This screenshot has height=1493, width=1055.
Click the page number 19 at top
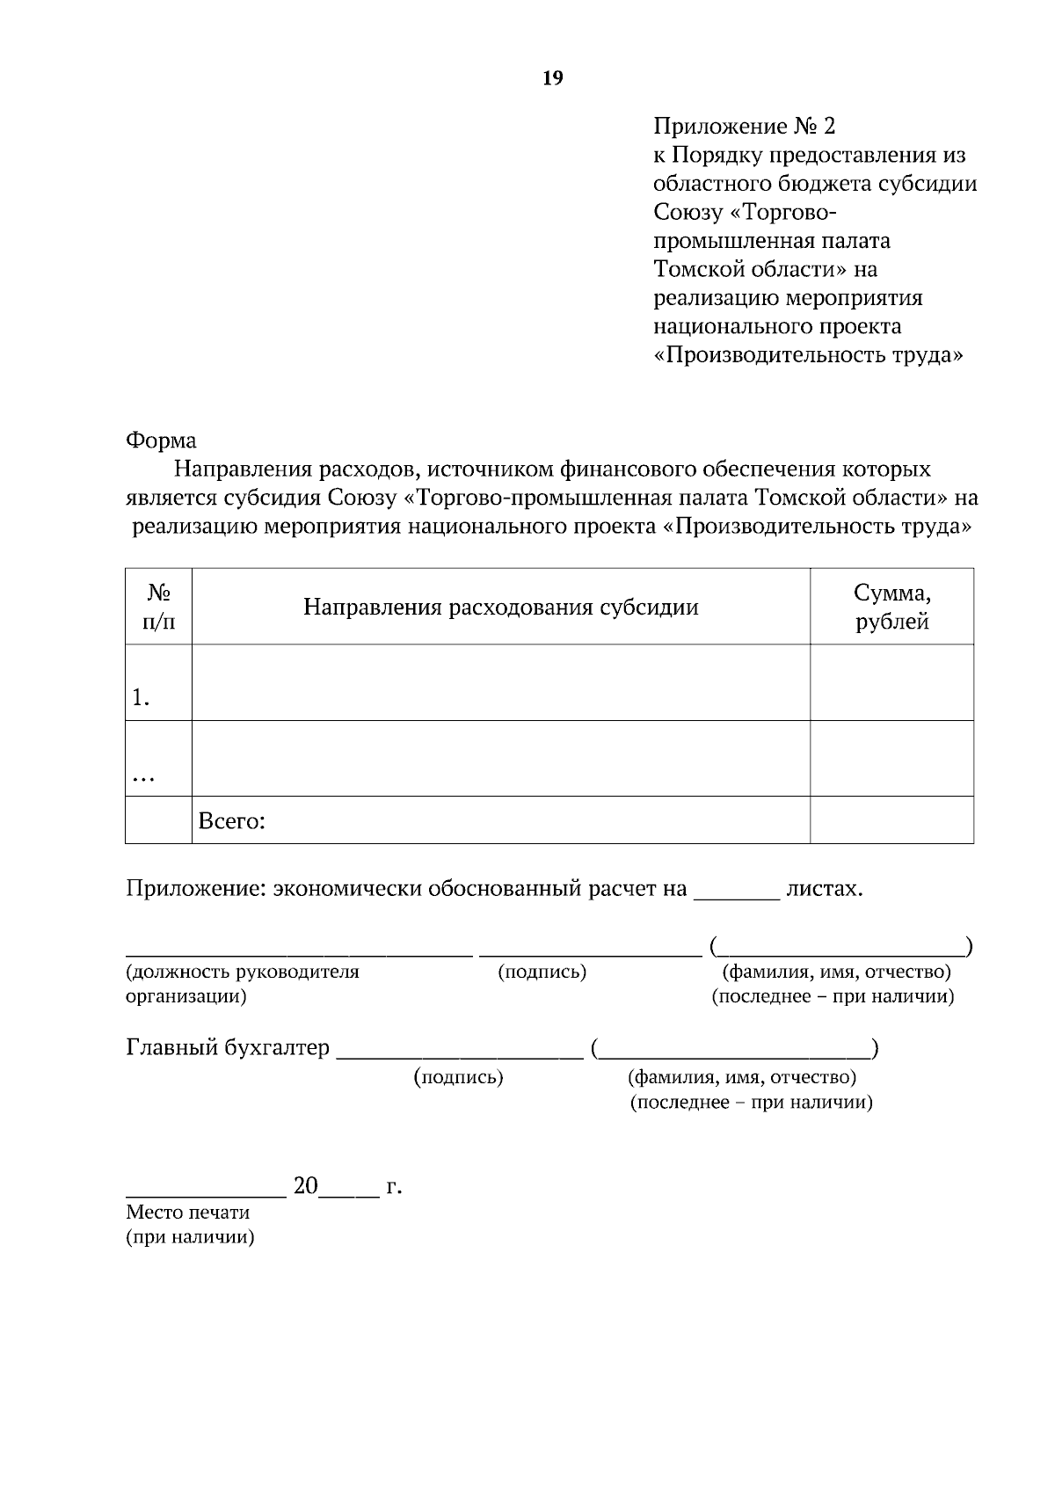click(x=553, y=78)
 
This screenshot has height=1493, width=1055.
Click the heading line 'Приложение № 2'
click(x=744, y=127)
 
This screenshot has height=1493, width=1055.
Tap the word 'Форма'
click(x=161, y=440)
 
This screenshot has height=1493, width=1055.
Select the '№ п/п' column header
click(x=158, y=608)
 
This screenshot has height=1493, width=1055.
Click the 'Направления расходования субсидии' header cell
click(x=500, y=608)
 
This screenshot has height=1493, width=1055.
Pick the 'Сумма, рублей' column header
click(x=891, y=608)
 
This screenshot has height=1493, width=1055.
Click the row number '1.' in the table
click(x=142, y=698)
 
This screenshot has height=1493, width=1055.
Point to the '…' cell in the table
click(x=142, y=776)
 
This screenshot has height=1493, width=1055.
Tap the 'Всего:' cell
click(x=232, y=821)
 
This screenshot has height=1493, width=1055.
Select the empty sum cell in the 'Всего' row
click(x=891, y=820)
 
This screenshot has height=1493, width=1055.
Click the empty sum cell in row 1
click(x=891, y=683)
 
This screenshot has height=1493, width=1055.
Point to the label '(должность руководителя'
click(x=243, y=972)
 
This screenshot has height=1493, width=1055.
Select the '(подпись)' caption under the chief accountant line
click(x=458, y=1077)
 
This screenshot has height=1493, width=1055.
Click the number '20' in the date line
click(x=305, y=1186)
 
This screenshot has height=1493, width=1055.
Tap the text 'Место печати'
click(x=188, y=1212)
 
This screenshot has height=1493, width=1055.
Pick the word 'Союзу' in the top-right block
click(x=688, y=212)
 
